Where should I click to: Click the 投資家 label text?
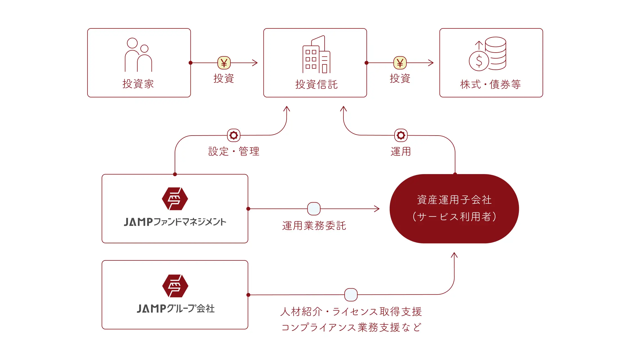(138, 84)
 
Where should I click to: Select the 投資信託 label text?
(316, 84)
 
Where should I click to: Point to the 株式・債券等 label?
(490, 84)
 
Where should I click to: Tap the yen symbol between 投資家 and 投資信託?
(224, 63)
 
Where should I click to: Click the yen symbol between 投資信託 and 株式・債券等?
(400, 63)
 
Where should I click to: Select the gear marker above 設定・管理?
(234, 135)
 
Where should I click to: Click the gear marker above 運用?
(401, 135)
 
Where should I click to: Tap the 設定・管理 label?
(234, 151)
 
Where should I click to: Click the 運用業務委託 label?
(314, 226)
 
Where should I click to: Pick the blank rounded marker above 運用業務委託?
(314, 209)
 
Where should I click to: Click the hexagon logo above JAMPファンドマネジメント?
(175, 199)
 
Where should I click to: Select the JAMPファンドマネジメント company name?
(175, 222)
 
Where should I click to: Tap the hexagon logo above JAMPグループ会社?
(175, 286)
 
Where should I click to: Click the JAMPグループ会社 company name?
(175, 309)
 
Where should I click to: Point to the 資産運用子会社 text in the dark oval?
(454, 200)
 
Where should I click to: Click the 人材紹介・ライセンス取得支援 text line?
(351, 312)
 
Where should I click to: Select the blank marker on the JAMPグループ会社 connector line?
(351, 295)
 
